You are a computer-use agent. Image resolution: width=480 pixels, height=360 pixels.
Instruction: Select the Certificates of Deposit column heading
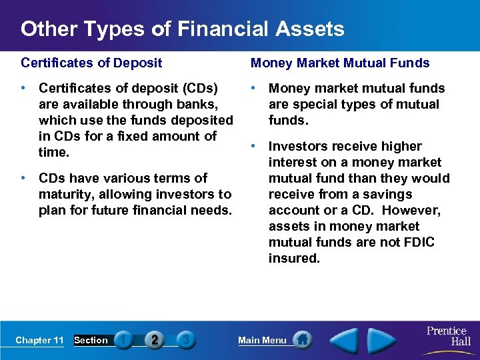pyautogui.click(x=91, y=63)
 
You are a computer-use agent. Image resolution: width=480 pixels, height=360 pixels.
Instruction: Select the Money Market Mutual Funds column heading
pyautogui.click(x=340, y=63)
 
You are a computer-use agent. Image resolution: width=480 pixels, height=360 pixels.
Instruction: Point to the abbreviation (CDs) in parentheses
pyautogui.click(x=200, y=88)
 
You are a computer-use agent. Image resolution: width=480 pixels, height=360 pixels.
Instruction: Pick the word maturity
pyautogui.click(x=65, y=194)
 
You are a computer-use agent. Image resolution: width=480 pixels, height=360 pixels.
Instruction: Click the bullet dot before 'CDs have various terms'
pyautogui.click(x=24, y=178)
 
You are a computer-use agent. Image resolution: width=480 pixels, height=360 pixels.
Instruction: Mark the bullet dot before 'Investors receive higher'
pyautogui.click(x=254, y=146)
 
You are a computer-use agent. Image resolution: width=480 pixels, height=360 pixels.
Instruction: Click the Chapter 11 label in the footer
pyautogui.click(x=39, y=340)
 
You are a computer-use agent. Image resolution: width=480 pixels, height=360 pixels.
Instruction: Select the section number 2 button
pyautogui.click(x=155, y=340)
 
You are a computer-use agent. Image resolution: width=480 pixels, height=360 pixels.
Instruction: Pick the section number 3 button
pyautogui.click(x=186, y=340)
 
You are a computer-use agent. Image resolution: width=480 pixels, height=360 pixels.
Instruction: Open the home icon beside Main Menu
pyautogui.click(x=303, y=340)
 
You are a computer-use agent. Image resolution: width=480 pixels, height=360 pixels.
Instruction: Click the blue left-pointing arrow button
pyautogui.click(x=345, y=340)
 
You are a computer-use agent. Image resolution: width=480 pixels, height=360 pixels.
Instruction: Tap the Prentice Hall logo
pyautogui.click(x=448, y=336)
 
